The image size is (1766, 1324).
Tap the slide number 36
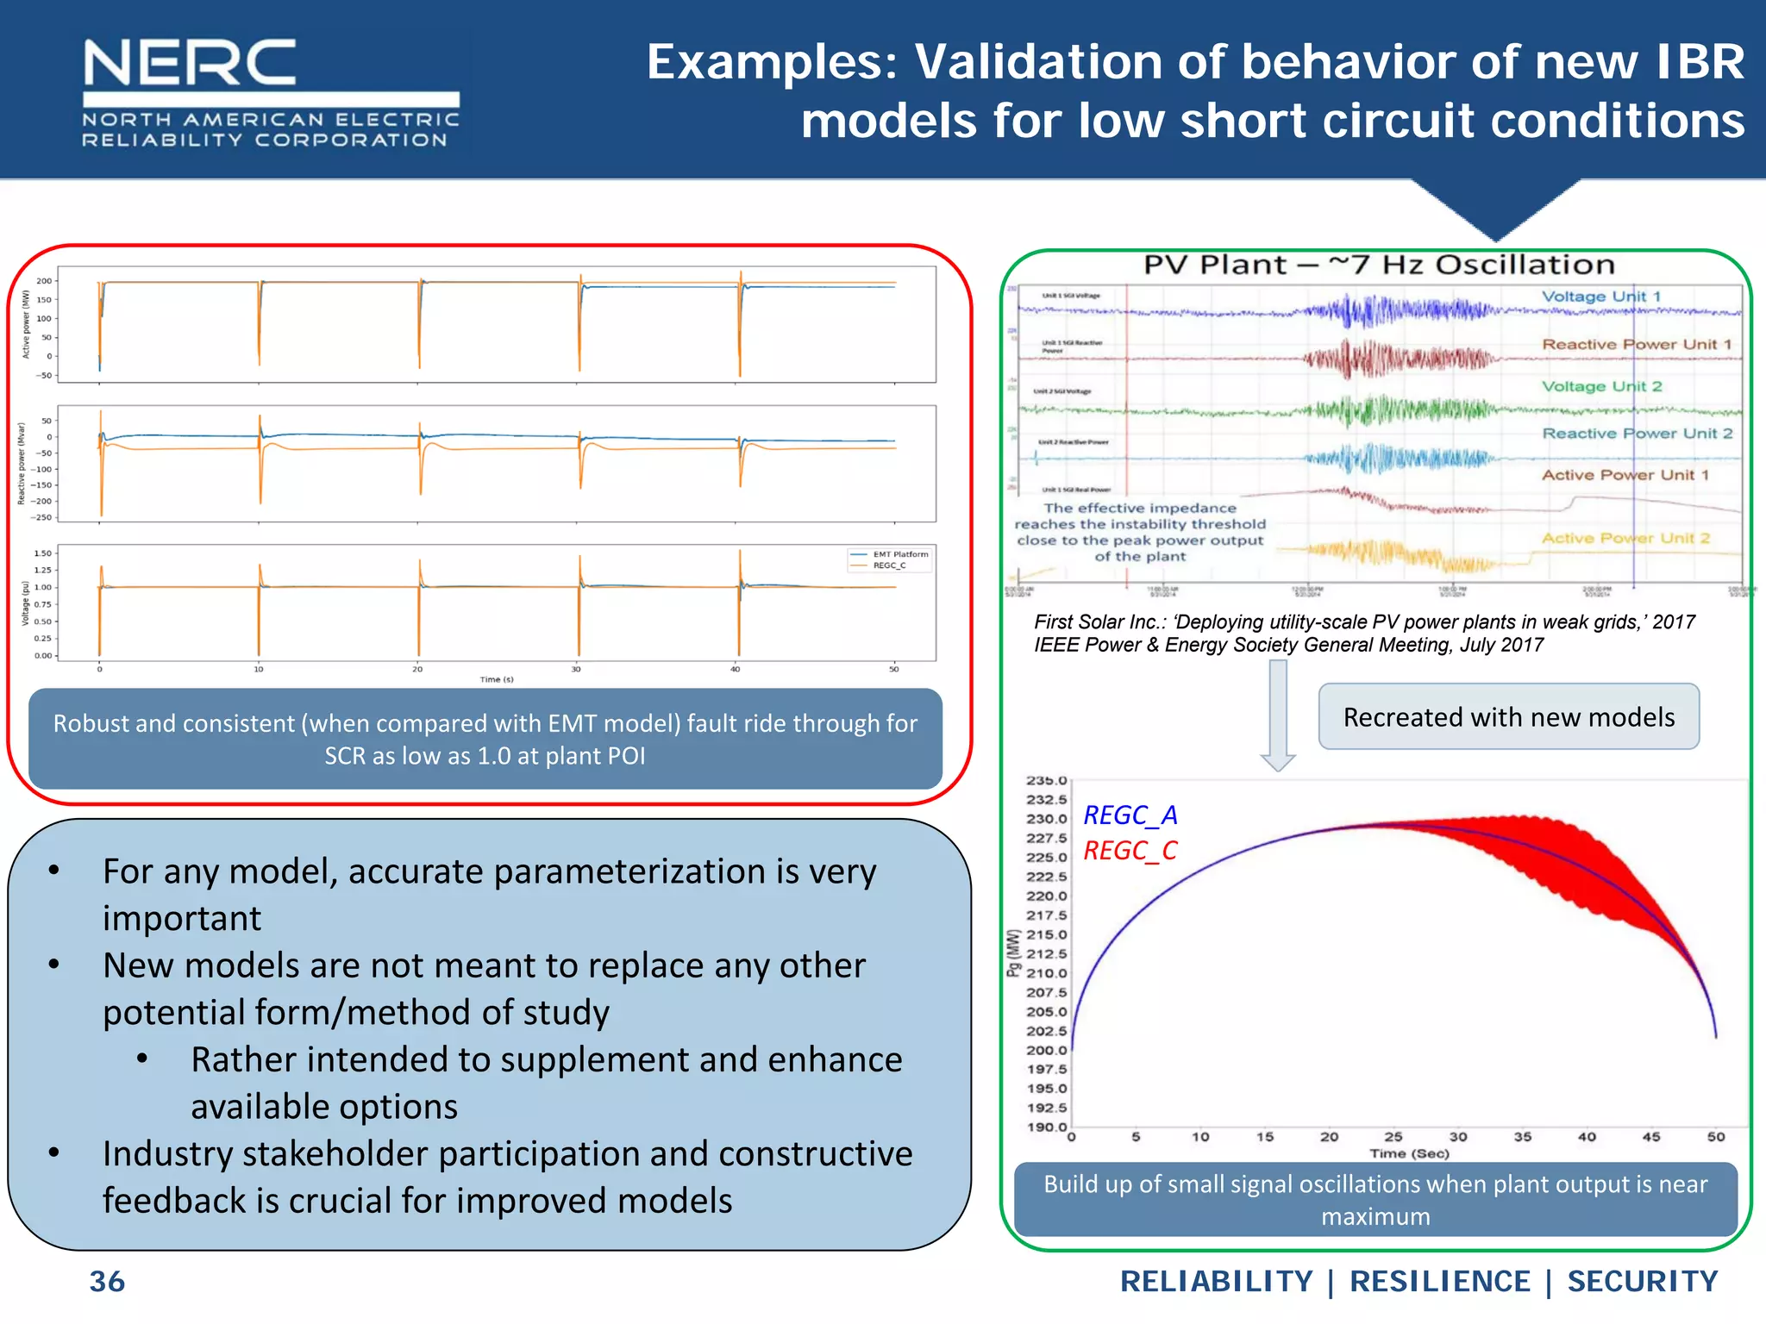tap(107, 1282)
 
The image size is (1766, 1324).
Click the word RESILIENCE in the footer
tap(1439, 1282)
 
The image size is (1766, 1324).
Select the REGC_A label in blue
tap(1130, 815)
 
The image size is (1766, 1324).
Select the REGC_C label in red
tap(1130, 851)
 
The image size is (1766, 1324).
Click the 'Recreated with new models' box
tap(1508, 717)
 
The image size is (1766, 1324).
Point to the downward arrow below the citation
tap(1278, 715)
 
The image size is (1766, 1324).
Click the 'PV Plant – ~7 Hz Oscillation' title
tap(1379, 265)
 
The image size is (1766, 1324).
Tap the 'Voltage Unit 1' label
tap(1600, 297)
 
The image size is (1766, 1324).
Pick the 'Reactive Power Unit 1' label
tap(1636, 344)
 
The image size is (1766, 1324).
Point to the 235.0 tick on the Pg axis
tap(1046, 781)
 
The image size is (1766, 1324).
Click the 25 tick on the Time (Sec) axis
tap(1393, 1137)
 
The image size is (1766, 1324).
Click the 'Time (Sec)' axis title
tap(1409, 1153)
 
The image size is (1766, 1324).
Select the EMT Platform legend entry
tap(899, 554)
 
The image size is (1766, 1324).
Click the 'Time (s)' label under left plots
tap(497, 679)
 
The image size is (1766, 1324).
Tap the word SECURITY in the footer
tap(1642, 1282)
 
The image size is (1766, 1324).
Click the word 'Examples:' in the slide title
tap(773, 62)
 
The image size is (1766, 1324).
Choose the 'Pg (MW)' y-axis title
tap(1013, 953)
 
